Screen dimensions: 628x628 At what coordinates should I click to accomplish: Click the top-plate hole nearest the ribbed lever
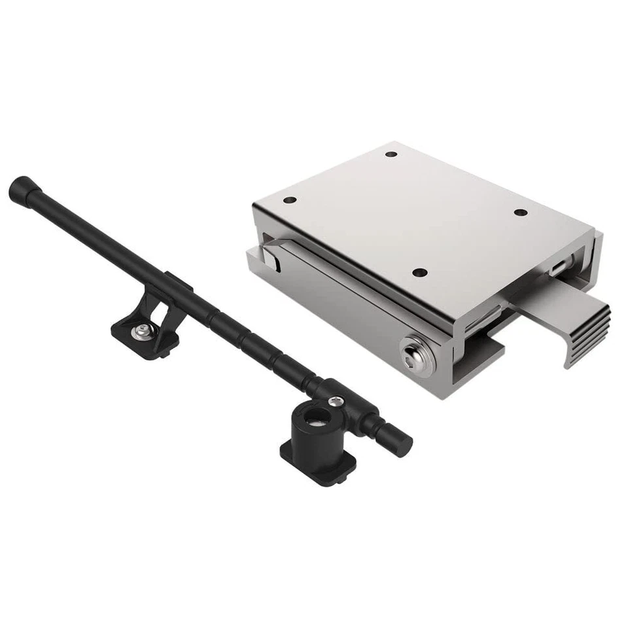click(x=520, y=213)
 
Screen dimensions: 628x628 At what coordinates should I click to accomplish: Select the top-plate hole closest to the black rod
click(x=292, y=200)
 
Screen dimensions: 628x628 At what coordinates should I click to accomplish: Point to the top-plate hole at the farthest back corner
click(x=391, y=154)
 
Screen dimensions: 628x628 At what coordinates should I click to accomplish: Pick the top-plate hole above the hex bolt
click(x=420, y=272)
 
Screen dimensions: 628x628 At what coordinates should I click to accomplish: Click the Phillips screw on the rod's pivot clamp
click(x=337, y=400)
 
